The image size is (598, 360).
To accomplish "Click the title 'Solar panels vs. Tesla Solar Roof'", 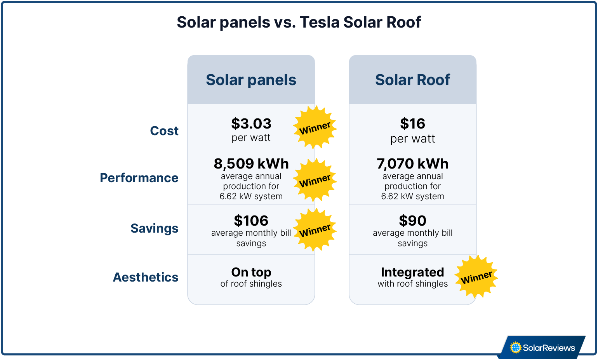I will pos(299,23).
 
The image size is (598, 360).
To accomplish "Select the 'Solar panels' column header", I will pos(251,80).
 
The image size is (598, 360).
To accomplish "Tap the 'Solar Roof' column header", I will pos(412,80).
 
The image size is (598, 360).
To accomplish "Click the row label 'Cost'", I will pos(164,131).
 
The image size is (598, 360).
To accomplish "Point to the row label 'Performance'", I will pos(139,178).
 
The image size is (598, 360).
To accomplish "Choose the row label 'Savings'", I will pos(154,228).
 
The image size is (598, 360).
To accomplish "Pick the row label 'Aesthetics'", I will pos(146,277).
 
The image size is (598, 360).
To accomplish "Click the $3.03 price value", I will pos(251,124).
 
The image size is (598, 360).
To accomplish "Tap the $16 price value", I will pos(412,124).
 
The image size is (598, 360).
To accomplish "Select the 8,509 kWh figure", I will pos(251,164).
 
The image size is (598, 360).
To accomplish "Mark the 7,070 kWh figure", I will pos(412,164).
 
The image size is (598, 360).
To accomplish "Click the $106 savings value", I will pos(251,221).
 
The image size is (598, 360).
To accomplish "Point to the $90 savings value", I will pos(412,221).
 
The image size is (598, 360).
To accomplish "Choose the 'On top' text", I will pos(251,272).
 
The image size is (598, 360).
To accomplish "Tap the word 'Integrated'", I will pos(412,272).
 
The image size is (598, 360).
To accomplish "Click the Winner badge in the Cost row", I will pos(315,127).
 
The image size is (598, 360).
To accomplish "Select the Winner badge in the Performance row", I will pos(315,180).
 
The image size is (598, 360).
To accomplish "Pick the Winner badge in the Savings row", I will pos(315,230).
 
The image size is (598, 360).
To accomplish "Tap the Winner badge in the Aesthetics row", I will pos(476,277).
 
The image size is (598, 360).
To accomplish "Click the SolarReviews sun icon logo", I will pos(515,348).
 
